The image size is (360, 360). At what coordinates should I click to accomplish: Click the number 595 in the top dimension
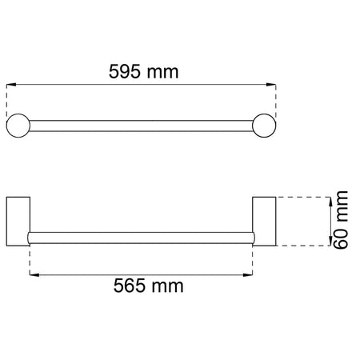coord(124,71)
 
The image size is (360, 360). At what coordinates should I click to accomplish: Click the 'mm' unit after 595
coord(162,73)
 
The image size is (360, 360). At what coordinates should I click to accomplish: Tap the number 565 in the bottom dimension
coord(129,286)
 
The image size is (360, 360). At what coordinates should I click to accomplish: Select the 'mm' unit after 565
coord(168,286)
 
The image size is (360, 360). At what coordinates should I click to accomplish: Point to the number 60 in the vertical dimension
coord(341,238)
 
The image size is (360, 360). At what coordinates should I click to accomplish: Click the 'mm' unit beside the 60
coord(342,206)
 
